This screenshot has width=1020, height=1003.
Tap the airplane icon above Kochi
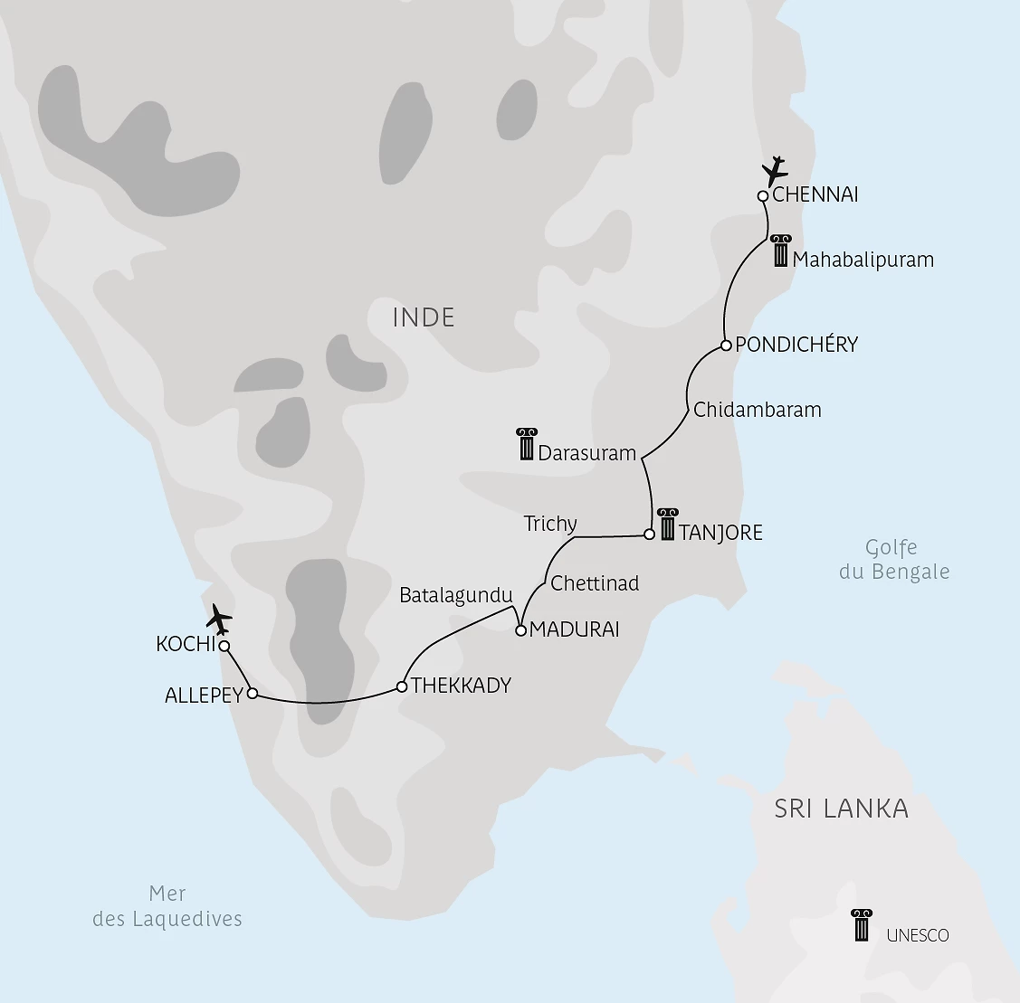(218, 619)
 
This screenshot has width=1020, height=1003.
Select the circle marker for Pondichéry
(726, 345)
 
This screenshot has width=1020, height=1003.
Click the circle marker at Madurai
(520, 630)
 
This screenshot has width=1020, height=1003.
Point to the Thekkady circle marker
(401, 686)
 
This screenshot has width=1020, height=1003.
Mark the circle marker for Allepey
(253, 694)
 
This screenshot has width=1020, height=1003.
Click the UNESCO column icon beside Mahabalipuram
(780, 251)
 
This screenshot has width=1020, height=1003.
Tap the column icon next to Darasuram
(527, 444)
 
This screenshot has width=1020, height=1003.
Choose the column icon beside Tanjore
(668, 524)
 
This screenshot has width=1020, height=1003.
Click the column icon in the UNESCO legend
(862, 925)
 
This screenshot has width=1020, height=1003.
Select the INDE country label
(424, 317)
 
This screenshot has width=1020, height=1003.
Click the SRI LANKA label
(841, 808)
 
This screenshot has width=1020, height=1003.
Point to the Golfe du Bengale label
(893, 559)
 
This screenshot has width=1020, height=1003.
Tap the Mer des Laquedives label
(167, 906)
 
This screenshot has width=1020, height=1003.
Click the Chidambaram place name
(757, 410)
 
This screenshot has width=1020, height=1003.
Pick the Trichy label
(550, 524)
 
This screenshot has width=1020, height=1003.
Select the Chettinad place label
(595, 583)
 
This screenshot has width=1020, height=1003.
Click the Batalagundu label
(456, 595)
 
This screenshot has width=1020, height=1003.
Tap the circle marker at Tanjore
(649, 535)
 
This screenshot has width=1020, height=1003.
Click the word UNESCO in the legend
(918, 935)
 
